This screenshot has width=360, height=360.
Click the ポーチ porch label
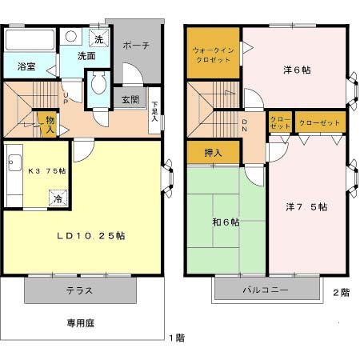136,46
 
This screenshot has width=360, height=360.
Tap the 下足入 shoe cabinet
154,110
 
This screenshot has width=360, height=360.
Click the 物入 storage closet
50,125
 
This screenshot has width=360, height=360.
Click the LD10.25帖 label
90,236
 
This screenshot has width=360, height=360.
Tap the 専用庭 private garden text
80,325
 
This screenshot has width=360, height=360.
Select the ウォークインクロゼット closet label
212,54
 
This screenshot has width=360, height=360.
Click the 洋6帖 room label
295,70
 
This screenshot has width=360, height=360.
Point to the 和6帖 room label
226,222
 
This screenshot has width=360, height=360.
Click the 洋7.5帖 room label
306,207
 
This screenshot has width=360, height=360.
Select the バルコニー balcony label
266,290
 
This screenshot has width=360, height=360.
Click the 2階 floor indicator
341,293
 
